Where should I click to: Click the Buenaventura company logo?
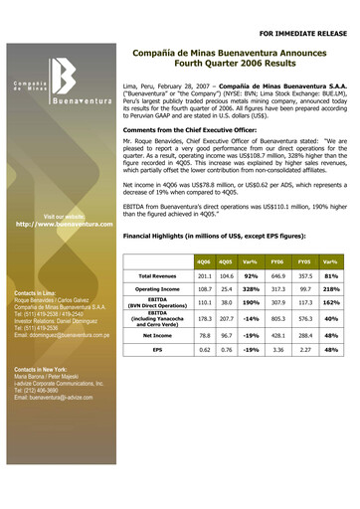(x=60, y=85)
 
